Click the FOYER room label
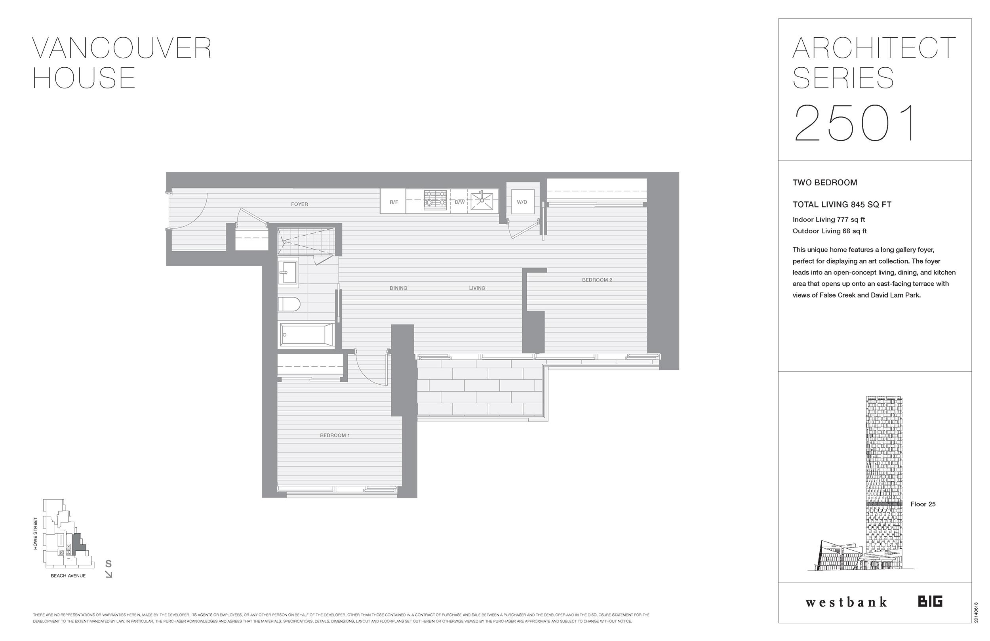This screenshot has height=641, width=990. coord(299,204)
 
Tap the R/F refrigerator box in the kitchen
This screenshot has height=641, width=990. coord(393,202)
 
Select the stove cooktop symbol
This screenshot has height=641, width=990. coord(435,200)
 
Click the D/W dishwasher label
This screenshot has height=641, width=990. coord(459,202)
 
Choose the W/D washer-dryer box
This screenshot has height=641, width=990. coord(522,202)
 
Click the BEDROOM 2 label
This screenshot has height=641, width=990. coord(596,280)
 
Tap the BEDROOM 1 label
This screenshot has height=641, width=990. coord(335,435)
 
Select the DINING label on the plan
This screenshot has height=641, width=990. coord(398,288)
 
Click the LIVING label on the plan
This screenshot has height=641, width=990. coord(477,288)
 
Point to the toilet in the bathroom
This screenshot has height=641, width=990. coord(289,304)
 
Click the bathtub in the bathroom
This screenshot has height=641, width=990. coord(307,335)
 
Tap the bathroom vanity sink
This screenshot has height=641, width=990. coord(288,272)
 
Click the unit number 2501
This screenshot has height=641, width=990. coord(856,124)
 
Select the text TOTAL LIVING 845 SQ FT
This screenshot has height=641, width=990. coord(841,204)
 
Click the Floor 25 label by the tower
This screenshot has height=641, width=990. coord(923,504)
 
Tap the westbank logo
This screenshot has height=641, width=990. coord(846,602)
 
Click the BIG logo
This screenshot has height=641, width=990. coord(930,601)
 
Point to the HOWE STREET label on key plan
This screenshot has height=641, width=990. coord(35,533)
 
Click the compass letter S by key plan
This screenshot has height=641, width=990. coord(108,564)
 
